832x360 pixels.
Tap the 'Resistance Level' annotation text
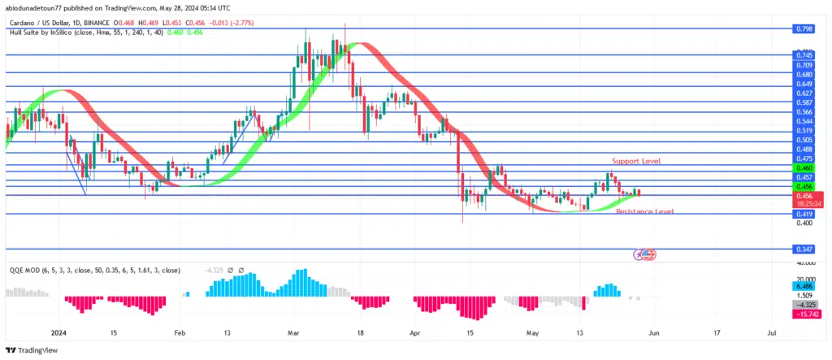coord(644,211)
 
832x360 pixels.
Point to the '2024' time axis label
coord(58,332)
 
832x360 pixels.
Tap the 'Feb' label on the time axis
coord(180,332)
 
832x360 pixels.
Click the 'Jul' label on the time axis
coord(771,332)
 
